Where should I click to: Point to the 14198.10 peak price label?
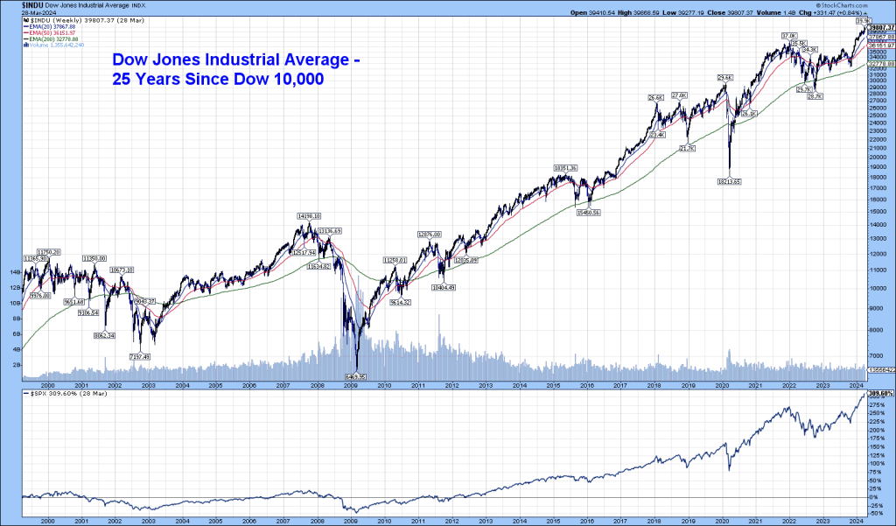pyautogui.click(x=309, y=215)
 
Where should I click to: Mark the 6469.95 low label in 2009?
pyautogui.click(x=356, y=376)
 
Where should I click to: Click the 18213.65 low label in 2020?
pyautogui.click(x=729, y=181)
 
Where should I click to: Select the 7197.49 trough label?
pyautogui.click(x=139, y=356)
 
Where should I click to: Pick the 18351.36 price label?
pyautogui.click(x=567, y=167)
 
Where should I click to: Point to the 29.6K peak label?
pyautogui.click(x=724, y=78)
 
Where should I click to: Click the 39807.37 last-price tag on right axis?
pyautogui.click(x=879, y=27)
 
